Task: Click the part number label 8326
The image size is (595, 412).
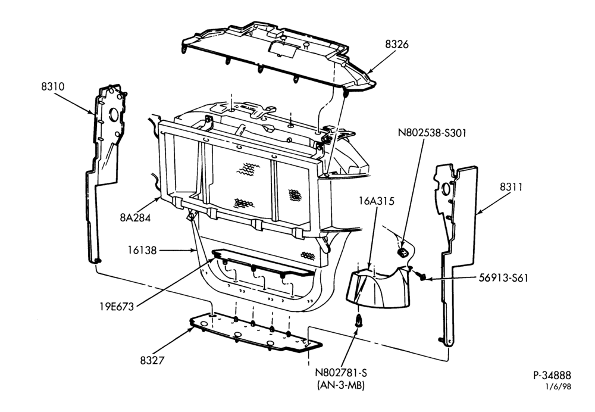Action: (397, 45)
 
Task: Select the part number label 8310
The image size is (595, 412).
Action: (53, 86)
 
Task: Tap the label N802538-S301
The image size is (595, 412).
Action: (432, 133)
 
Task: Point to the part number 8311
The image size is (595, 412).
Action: (511, 187)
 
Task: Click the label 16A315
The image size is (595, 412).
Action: (377, 201)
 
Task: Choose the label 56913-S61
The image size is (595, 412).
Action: (503, 278)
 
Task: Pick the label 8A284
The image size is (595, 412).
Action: (135, 217)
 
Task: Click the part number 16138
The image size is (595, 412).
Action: (142, 250)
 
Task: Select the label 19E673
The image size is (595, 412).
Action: (117, 307)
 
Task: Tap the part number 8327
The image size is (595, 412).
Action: (152, 360)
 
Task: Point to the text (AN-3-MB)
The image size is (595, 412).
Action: (340, 385)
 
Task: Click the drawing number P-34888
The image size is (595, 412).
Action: (552, 376)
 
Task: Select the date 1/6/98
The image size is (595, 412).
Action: (558, 386)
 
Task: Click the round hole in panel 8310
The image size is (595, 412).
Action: (114, 114)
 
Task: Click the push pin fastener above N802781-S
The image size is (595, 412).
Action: (358, 322)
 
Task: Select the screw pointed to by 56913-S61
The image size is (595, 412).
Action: (421, 276)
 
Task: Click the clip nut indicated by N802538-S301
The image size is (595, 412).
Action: (402, 252)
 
